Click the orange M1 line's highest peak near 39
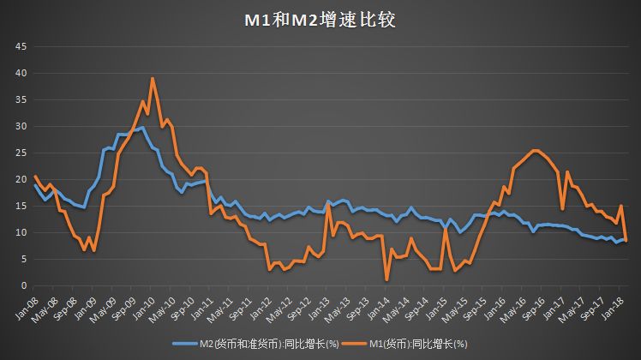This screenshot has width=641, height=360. coord(153,79)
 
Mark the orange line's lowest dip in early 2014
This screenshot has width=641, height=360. coord(387,279)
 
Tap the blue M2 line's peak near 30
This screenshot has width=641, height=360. coord(142,128)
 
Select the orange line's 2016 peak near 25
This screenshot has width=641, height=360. coord(535,151)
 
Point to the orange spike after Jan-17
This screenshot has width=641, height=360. coord(567,172)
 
